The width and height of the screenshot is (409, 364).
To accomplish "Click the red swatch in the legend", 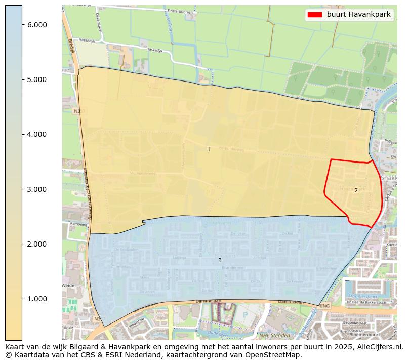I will [x=314, y=15].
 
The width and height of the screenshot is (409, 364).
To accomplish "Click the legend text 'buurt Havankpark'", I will [x=358, y=15].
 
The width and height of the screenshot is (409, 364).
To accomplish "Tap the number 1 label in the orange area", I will [x=209, y=150].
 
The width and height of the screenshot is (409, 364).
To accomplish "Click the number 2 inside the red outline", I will [x=356, y=190].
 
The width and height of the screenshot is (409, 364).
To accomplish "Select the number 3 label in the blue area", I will [x=220, y=260].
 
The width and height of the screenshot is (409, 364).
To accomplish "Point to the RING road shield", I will [x=324, y=306].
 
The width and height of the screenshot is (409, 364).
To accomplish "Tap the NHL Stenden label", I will [x=274, y=335].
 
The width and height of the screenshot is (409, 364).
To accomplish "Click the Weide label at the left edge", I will [x=68, y=286].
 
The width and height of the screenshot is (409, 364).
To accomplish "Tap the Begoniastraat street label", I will [x=354, y=322].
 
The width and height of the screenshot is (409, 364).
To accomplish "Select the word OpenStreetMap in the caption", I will [x=275, y=355].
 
